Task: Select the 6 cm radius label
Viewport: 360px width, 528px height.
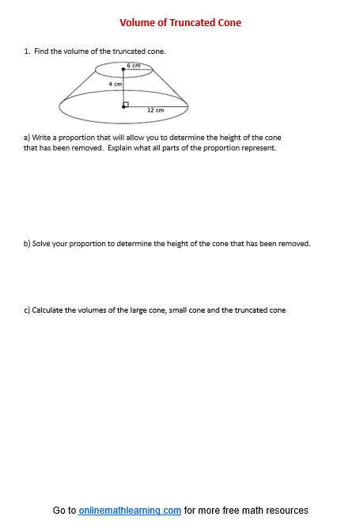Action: [x=134, y=65]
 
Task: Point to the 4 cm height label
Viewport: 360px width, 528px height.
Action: [x=116, y=83]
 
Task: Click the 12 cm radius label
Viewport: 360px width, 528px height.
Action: [x=155, y=110]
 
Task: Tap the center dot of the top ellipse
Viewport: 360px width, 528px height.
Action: [x=123, y=70]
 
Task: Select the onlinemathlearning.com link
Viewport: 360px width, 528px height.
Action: [x=130, y=511]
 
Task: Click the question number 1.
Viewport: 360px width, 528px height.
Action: [x=26, y=51]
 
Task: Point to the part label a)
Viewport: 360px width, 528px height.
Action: [x=27, y=137]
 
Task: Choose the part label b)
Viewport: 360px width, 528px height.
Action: [x=27, y=244]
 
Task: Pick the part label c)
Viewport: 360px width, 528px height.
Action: [x=27, y=310]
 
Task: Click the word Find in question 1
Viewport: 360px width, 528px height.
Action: [x=41, y=51]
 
